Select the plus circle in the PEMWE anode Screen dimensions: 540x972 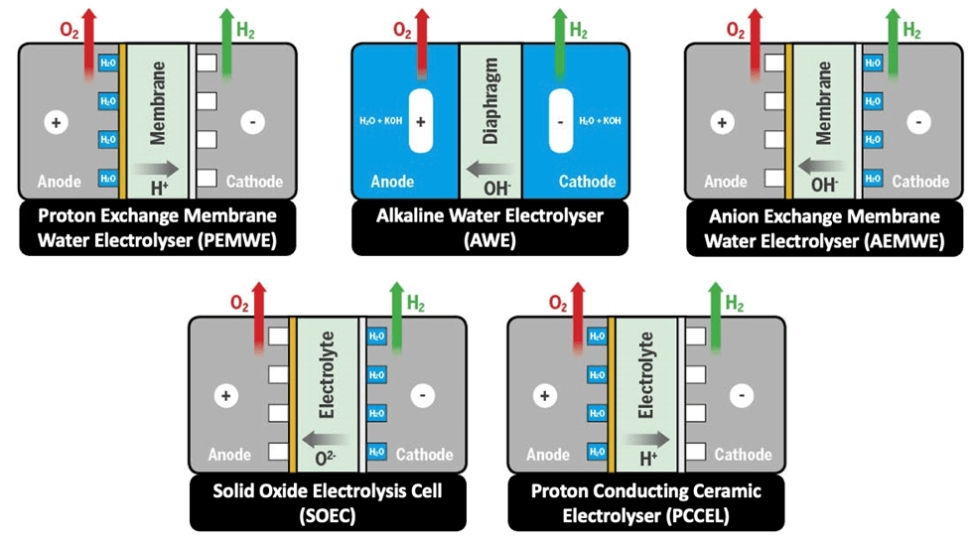click(53, 123)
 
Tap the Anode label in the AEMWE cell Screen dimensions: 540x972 click(725, 182)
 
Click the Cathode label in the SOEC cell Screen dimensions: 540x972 click(425, 455)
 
